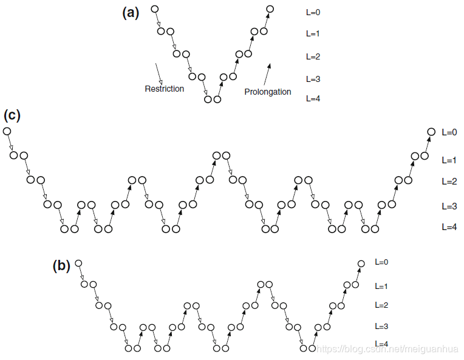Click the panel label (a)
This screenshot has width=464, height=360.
click(131, 13)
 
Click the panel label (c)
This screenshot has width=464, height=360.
click(12, 115)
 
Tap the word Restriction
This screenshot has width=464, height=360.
click(164, 89)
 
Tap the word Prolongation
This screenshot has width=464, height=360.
click(268, 92)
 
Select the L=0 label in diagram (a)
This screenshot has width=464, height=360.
click(313, 12)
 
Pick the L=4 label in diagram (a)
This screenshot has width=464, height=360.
click(313, 98)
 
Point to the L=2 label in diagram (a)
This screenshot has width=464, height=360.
click(313, 57)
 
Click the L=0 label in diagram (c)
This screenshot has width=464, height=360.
click(449, 132)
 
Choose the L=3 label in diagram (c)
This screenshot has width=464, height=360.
click(449, 206)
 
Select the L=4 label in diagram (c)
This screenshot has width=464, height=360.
click(449, 227)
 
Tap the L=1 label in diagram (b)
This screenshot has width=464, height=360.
click(381, 286)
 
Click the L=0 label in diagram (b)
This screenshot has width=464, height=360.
click(381, 262)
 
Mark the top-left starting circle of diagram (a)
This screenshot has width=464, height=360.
click(154, 9)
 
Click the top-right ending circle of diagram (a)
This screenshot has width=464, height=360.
click(270, 9)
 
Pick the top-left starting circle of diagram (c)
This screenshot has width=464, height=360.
click(7, 131)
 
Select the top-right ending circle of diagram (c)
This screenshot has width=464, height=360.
click(431, 132)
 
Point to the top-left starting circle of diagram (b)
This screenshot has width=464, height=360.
click(78, 263)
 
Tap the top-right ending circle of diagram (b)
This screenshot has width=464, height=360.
click(361, 263)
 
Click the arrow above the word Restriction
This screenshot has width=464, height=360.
click(159, 73)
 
